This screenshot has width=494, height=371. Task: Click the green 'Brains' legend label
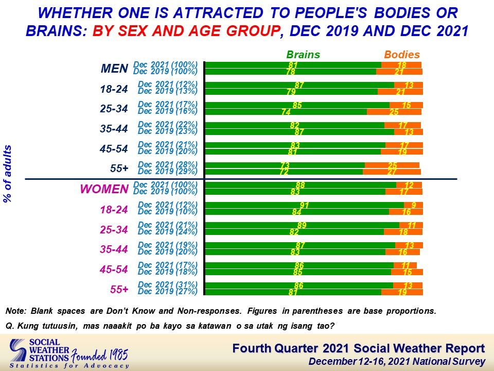pos(303,55)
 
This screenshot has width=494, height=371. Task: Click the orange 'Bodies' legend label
pos(402,55)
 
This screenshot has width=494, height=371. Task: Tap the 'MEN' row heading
pos(114,69)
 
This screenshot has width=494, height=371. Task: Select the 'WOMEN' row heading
pos(104,189)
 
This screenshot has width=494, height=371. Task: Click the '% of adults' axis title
pos(7,174)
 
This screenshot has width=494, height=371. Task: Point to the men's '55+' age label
pos(119,168)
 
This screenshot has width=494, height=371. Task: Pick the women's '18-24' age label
pos(114,210)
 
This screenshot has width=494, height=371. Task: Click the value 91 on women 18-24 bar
pos(304,206)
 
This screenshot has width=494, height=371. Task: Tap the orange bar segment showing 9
pos(413,205)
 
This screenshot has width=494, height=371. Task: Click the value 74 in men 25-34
pos(286,112)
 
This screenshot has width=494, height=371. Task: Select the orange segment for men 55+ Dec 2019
pos(392,172)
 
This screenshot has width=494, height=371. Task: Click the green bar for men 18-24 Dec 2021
pos(299,85)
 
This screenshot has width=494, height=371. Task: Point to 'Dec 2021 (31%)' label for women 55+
pos(168,284)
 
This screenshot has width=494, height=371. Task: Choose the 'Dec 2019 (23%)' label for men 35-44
pos(168,131)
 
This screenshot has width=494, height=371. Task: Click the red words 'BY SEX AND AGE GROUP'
pos(186,31)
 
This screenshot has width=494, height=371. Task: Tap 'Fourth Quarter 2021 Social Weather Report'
pos(359,348)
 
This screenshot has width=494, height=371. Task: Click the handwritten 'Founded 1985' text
pos(99,356)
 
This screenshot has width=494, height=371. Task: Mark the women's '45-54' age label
pos(114,269)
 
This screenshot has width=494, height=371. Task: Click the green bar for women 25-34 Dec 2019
pos(294,232)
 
